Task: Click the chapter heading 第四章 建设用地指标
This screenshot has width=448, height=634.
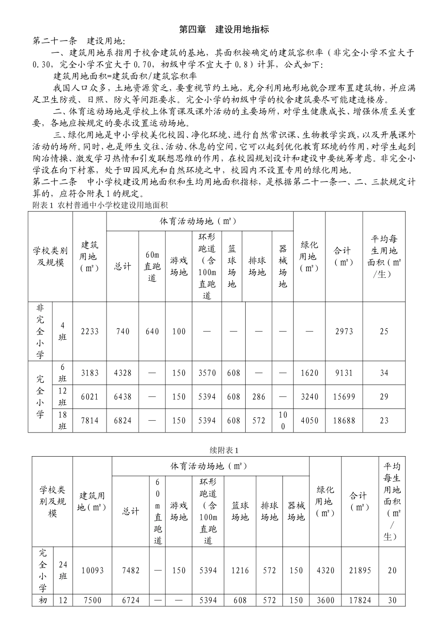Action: [x=224, y=29]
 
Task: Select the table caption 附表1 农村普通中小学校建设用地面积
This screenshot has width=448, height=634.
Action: [x=100, y=205]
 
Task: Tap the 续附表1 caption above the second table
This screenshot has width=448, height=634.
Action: [x=224, y=450]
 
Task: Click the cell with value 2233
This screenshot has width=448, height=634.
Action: [x=90, y=332]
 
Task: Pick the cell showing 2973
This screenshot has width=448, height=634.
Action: [x=344, y=332]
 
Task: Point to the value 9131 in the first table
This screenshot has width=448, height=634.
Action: [x=344, y=373]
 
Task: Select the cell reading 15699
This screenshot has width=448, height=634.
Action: [x=344, y=397]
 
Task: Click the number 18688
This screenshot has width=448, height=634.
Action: [x=344, y=420]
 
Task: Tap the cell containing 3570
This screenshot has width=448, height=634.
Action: [x=207, y=373]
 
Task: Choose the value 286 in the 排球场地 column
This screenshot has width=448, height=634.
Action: [x=258, y=397]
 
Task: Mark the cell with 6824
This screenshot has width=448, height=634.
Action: [x=123, y=420]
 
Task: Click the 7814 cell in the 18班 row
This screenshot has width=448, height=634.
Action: [x=90, y=420]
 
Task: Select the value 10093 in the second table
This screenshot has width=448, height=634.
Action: [x=92, y=570]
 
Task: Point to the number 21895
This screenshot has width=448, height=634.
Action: [x=360, y=570]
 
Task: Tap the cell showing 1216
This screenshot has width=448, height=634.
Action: [x=240, y=570]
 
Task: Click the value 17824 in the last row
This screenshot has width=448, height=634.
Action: [x=360, y=601]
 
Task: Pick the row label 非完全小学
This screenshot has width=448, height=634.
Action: [x=40, y=331]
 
